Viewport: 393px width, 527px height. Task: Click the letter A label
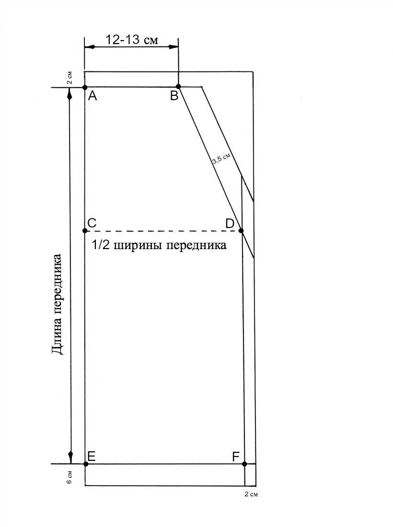tap(92, 96)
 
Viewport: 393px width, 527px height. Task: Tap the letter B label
tap(174, 96)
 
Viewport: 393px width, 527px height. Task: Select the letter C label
tap(92, 223)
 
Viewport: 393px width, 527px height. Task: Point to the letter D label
tap(230, 223)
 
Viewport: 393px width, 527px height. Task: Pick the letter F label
tap(235, 457)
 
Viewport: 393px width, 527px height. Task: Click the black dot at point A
tap(85, 88)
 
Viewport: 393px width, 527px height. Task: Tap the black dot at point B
tap(178, 87)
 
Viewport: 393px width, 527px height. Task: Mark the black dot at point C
tap(85, 230)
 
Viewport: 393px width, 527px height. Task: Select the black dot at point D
tap(241, 230)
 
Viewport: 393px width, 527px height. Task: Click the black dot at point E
tap(85, 464)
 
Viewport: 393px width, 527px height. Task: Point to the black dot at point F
tap(244, 464)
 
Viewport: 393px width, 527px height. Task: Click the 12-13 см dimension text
tap(132, 40)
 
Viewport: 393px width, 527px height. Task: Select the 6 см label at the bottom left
tap(69, 477)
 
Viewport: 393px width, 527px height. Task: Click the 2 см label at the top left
tap(69, 78)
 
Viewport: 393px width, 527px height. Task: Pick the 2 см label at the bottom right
tap(251, 494)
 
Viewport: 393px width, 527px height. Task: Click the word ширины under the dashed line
tap(139, 246)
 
